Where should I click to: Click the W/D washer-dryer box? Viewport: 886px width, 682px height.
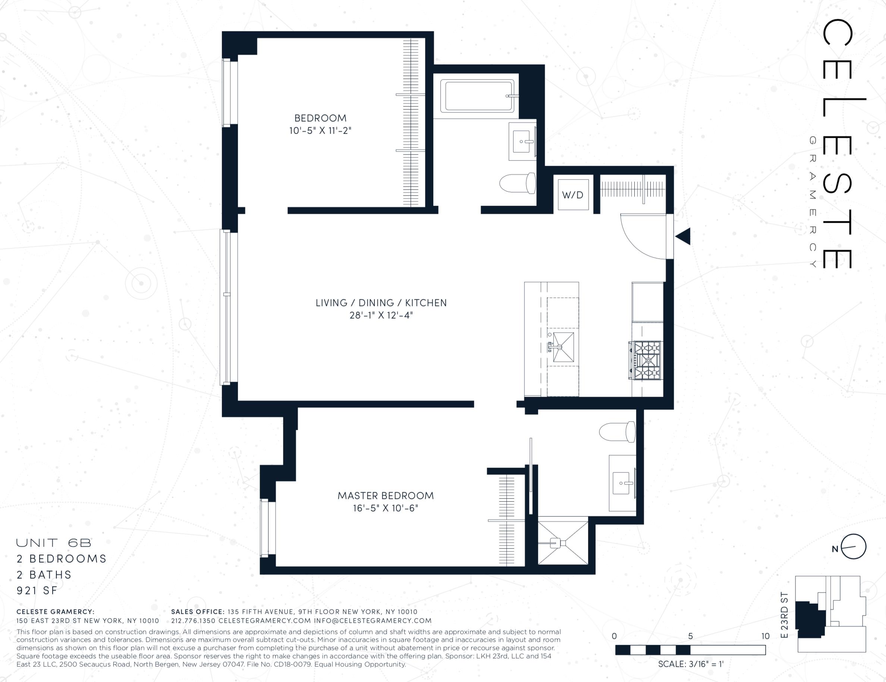pos(573,194)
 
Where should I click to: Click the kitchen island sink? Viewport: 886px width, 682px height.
pos(563,347)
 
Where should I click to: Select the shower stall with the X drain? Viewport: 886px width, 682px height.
pos(563,543)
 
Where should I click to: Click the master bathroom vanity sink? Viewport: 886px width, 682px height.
pos(623,483)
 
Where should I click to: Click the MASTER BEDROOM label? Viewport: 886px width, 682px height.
pos(386,496)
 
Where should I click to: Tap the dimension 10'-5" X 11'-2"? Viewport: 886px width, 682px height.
pos(320,131)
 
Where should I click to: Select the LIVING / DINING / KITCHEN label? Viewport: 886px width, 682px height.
pos(381,303)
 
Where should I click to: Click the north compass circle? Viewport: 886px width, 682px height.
pos(854,547)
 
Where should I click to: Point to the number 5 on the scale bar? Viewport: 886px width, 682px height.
pos(690,636)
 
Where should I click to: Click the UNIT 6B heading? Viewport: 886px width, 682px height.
pos(54,543)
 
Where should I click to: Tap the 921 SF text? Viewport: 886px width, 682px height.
pos(37,591)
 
